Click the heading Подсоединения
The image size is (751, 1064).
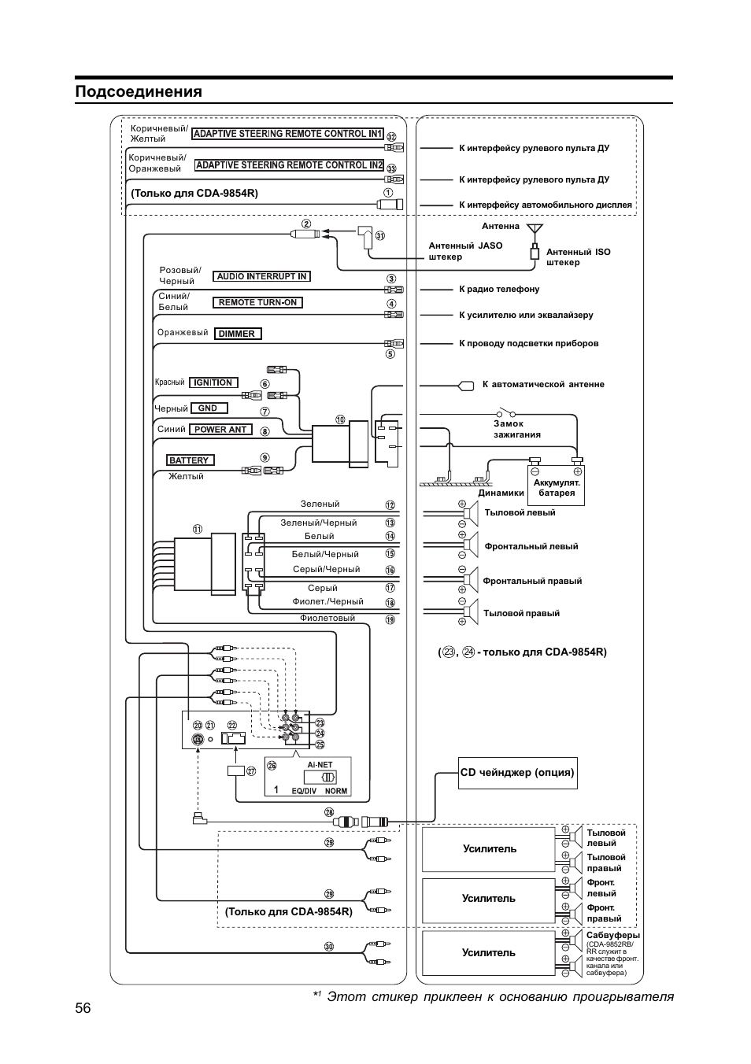pos(139,92)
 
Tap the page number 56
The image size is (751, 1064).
pos(83,1008)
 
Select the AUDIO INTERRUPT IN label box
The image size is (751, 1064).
pos(261,277)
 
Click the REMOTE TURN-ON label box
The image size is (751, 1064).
pos(257,303)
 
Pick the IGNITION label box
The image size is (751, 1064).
pos(213,382)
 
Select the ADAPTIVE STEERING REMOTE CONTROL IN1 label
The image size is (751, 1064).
pos(287,134)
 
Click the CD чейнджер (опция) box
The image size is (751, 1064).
pos(517,773)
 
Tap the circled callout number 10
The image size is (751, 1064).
pos(340,419)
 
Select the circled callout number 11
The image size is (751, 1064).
pos(197,530)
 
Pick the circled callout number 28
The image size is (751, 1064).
pos(329,812)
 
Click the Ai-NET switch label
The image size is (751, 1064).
pos(320,765)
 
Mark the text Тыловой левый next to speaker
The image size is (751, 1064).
pos(520,512)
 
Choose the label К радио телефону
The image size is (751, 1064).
pos(499,290)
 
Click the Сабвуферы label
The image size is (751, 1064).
pos(612,936)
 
